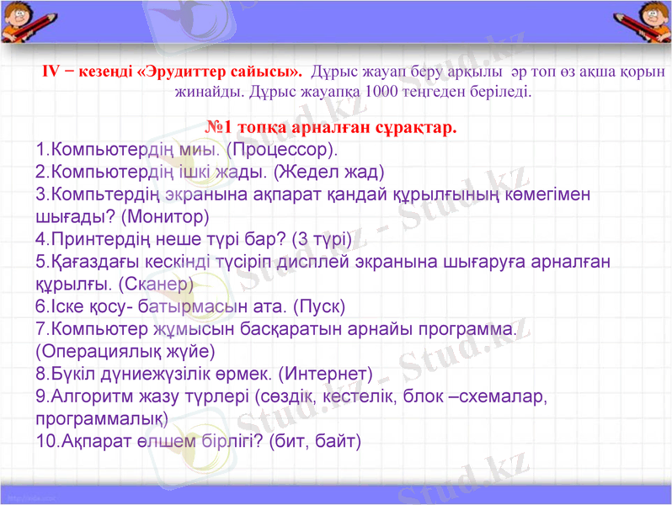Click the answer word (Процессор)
pos(281,151)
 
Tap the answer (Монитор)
pos(165,216)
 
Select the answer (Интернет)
pos(325,371)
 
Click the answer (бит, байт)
pos(314,439)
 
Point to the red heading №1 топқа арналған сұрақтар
pos(331,128)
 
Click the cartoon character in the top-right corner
pos(649,21)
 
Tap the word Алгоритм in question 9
pos(90,395)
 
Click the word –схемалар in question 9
pos(499,395)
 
